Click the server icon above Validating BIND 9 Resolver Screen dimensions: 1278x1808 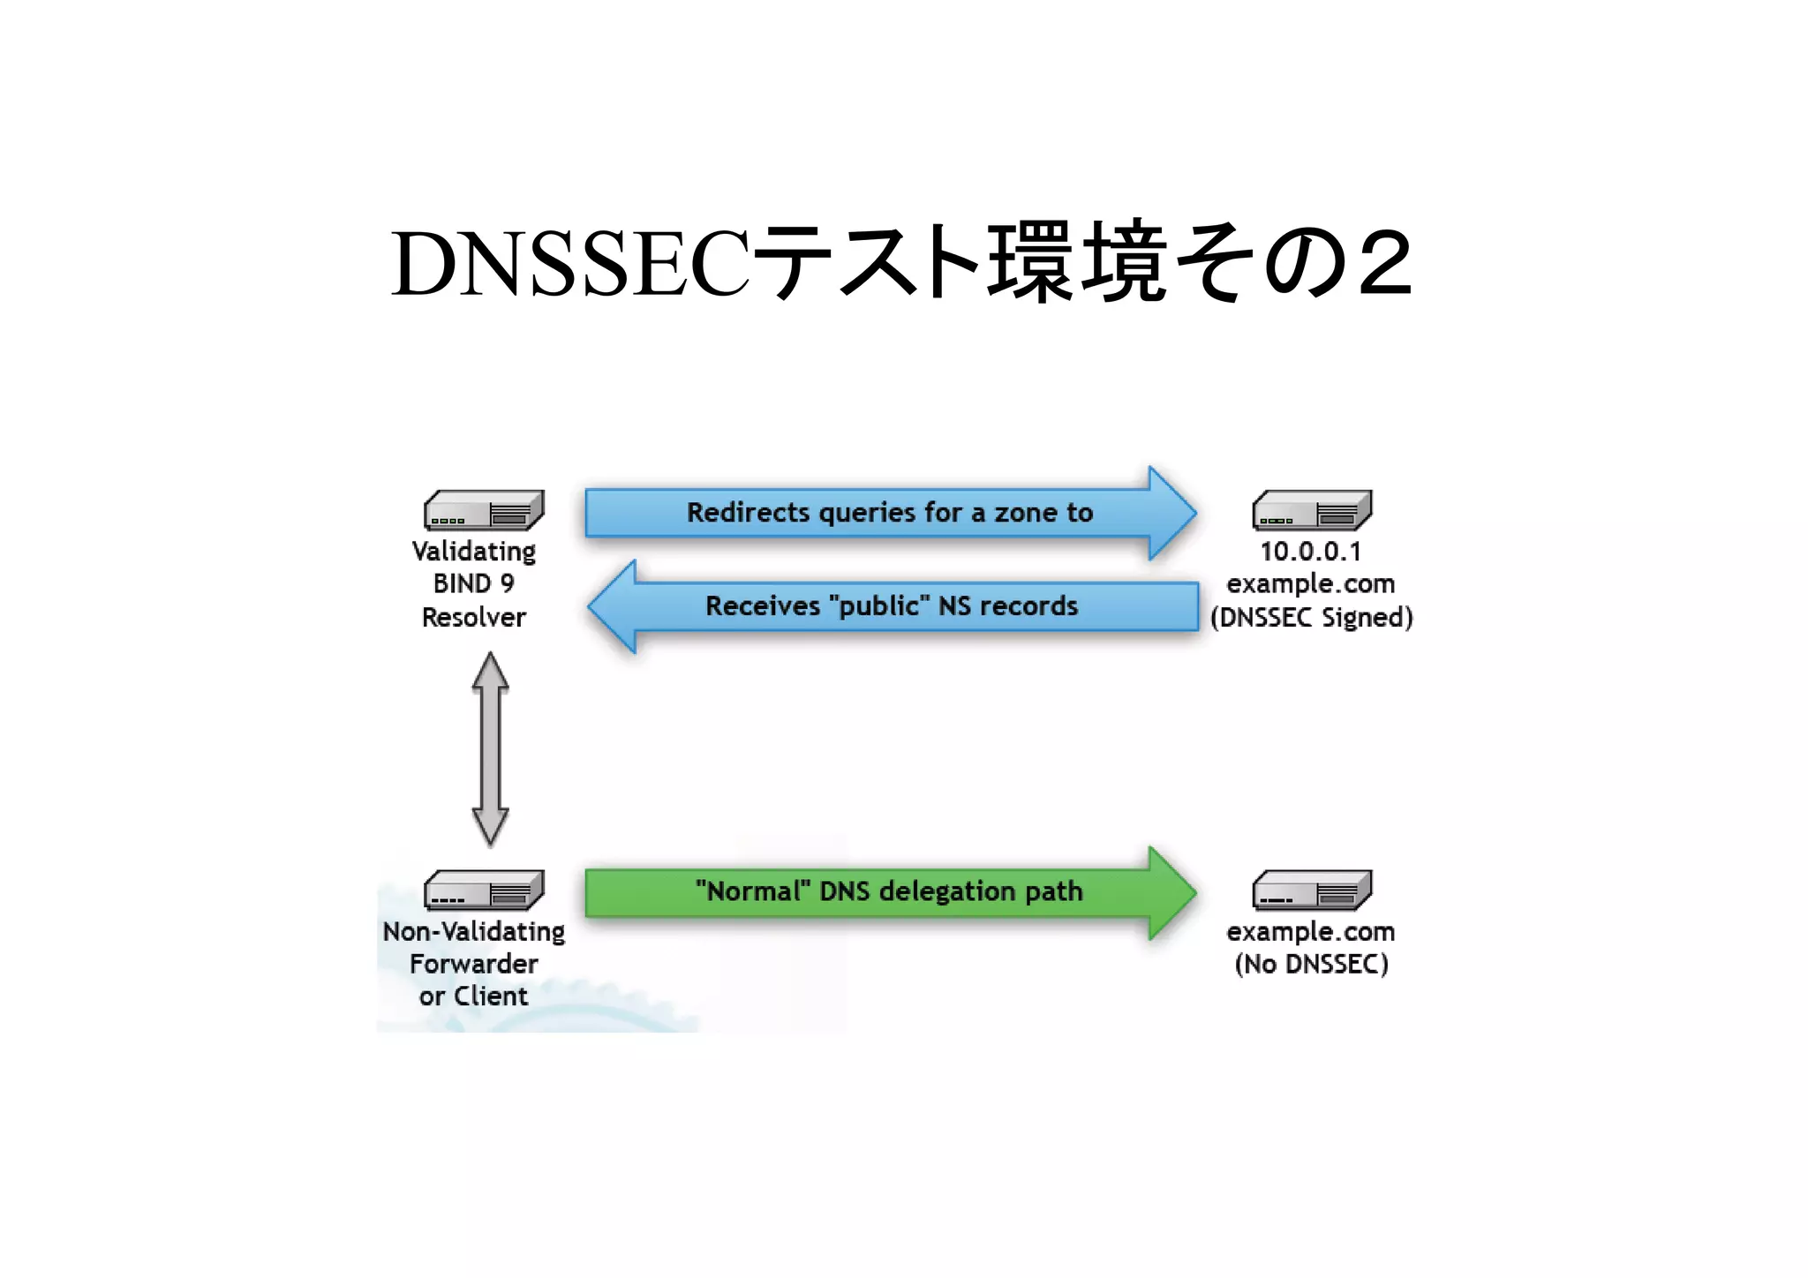tap(484, 510)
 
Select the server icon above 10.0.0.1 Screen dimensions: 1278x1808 tap(1312, 510)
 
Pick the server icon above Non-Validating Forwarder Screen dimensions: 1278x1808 tap(484, 890)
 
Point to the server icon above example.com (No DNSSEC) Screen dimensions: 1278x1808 tap(1312, 890)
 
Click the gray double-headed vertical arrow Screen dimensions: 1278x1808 tap(491, 749)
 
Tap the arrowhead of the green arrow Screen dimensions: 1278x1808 tap(1171, 893)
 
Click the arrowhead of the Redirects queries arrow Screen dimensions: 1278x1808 tap(1171, 513)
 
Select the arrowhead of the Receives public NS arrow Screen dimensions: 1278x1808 tap(614, 606)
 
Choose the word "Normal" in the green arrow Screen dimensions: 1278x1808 tap(752, 891)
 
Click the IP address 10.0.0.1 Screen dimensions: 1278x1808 tap(1311, 552)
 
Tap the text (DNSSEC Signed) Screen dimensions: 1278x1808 tap(1311, 618)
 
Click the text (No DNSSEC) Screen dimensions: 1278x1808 tap(1311, 965)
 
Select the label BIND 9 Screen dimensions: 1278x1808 tap(473, 584)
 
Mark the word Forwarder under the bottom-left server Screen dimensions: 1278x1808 tap(473, 964)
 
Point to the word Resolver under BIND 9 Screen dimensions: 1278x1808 tap(473, 618)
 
